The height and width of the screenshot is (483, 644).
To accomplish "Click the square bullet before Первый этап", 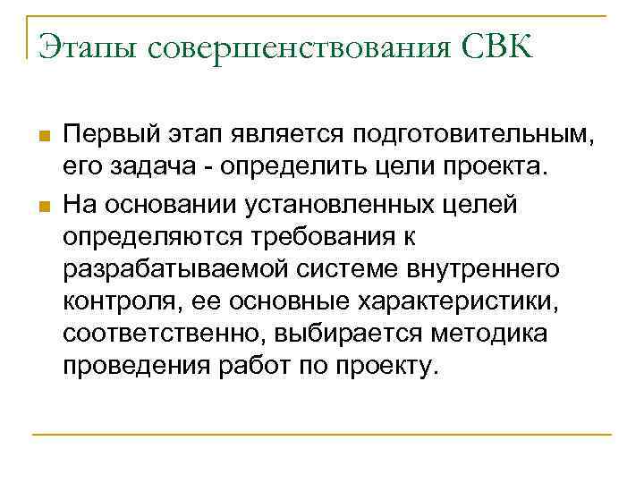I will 40,136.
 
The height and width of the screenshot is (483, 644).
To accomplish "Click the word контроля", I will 116,302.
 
